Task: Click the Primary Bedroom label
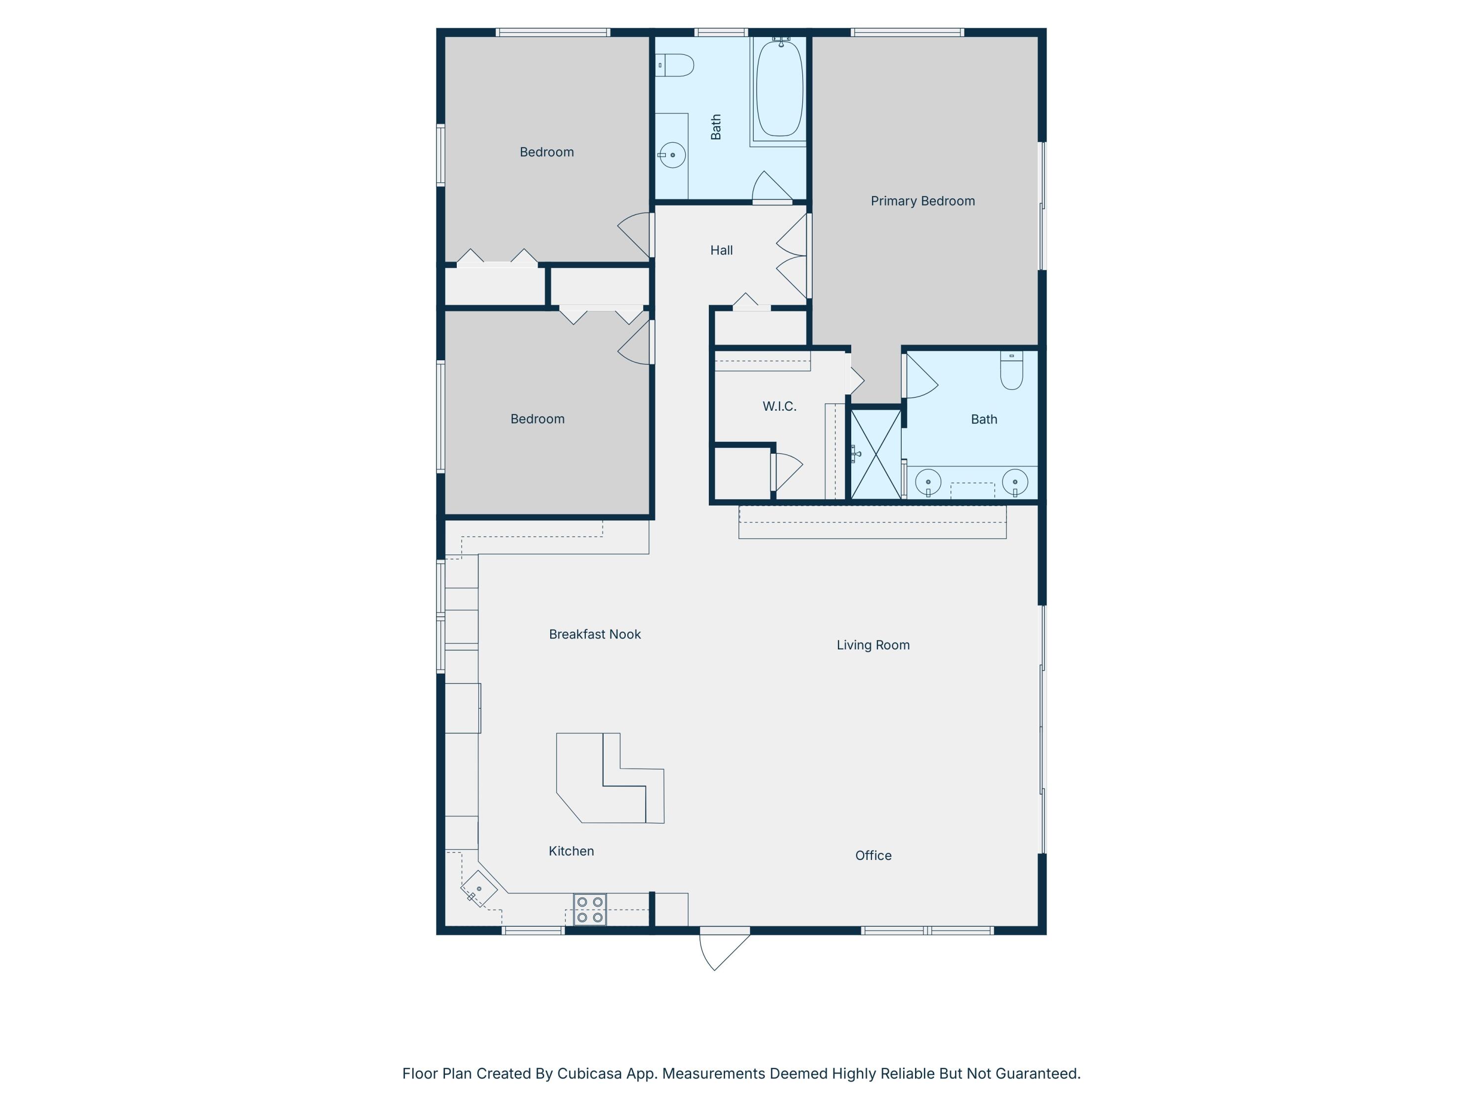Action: tap(922, 201)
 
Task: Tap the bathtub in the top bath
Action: tap(779, 88)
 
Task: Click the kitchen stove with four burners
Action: tap(589, 909)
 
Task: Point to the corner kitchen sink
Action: tap(479, 889)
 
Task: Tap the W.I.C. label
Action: tap(779, 406)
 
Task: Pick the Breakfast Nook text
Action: tap(595, 634)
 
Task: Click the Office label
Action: tap(873, 855)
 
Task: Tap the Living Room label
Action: tap(873, 645)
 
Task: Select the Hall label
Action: tap(721, 250)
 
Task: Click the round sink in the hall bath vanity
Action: tap(672, 155)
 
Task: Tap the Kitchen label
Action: tap(571, 851)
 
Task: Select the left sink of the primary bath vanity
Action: tap(928, 481)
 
